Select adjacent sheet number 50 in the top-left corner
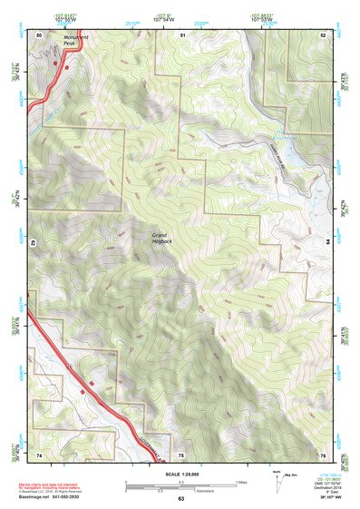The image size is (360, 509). click(39, 34)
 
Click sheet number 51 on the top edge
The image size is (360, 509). click(182, 34)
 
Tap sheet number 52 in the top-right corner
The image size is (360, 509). click(323, 34)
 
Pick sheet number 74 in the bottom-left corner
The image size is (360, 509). click(39, 454)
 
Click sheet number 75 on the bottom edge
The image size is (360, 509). click(180, 454)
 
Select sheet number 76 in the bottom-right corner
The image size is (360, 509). click(323, 454)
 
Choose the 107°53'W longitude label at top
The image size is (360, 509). click(262, 18)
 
